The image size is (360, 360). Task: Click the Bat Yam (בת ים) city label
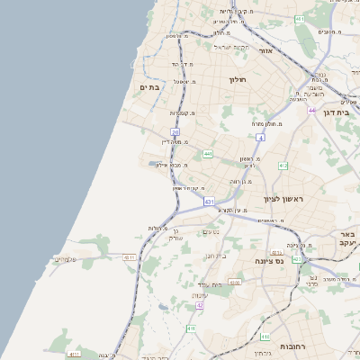(149, 86)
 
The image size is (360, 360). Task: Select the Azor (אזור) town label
(265, 50)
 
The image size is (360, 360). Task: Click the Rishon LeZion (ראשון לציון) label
(286, 198)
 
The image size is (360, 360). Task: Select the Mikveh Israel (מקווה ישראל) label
(229, 46)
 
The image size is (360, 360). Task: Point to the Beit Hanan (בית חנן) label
(209, 256)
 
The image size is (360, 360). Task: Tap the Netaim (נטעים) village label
(211, 232)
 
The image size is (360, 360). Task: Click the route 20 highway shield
(175, 132)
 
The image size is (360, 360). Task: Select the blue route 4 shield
(261, 138)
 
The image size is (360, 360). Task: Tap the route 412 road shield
(283, 166)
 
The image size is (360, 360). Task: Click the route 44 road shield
(312, 110)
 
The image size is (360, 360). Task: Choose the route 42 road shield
(200, 305)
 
